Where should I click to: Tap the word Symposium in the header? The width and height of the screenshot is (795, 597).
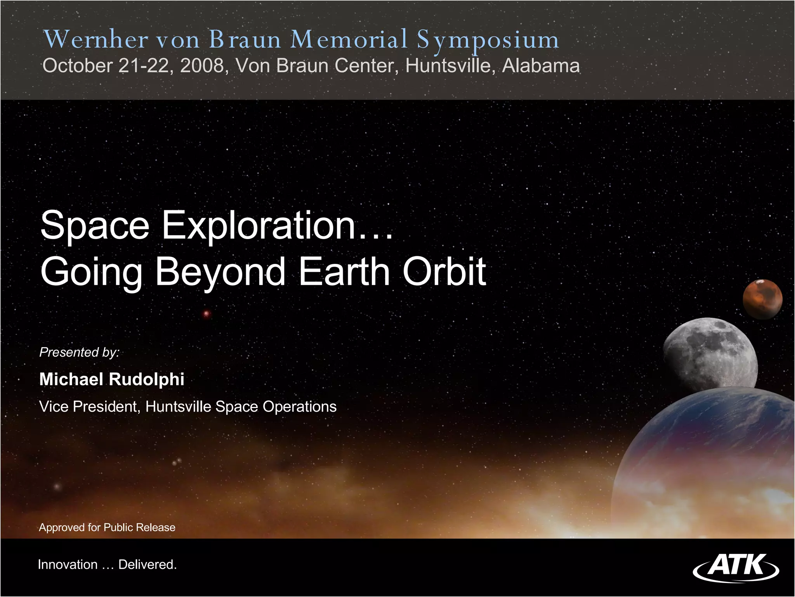(x=488, y=40)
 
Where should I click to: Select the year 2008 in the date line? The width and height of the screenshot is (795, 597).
(x=202, y=65)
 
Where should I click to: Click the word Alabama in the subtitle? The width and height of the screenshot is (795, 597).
(x=541, y=65)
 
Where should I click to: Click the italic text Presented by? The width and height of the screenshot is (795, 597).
(x=80, y=352)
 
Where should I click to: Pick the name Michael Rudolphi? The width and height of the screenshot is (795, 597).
(x=112, y=379)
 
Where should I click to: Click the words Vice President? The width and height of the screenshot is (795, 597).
(x=89, y=407)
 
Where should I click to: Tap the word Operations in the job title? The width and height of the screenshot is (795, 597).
(x=299, y=407)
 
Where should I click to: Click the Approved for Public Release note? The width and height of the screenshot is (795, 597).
(x=107, y=527)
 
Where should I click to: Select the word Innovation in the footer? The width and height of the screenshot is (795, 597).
(x=68, y=564)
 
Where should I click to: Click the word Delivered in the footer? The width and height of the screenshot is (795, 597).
(x=147, y=564)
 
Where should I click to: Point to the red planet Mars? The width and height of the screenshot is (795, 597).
(x=762, y=299)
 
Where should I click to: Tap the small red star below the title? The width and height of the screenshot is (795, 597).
(x=207, y=314)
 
